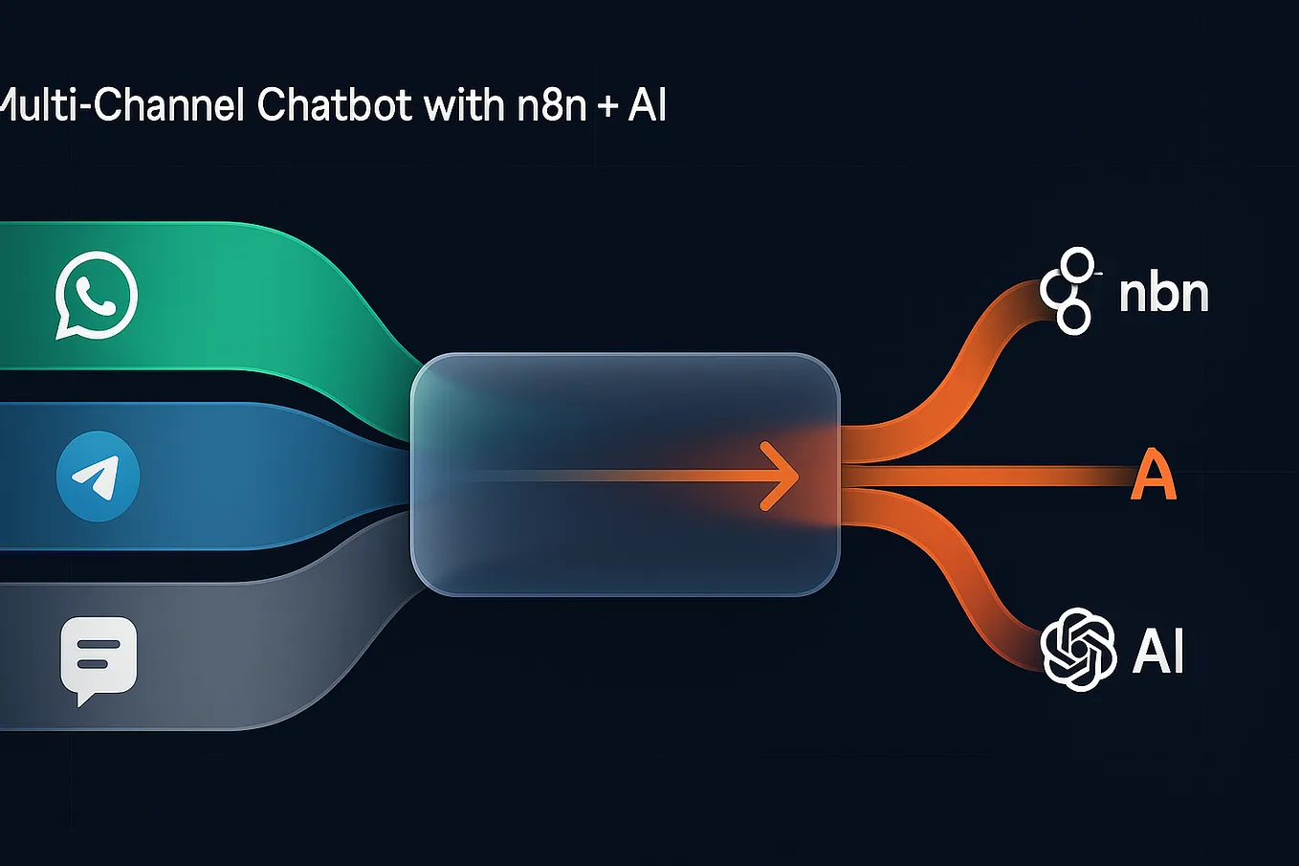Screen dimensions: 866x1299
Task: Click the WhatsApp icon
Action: click(96, 296)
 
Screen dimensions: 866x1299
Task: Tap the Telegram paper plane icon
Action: click(98, 476)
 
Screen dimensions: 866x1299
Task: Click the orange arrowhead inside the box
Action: click(782, 476)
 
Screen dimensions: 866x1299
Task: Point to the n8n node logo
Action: click(1068, 291)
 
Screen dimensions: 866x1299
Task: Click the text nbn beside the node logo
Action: click(1163, 294)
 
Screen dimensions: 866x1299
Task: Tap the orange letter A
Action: click(1153, 476)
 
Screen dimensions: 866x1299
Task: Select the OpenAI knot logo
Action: click(1078, 650)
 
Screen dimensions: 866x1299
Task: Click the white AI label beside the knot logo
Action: click(1158, 652)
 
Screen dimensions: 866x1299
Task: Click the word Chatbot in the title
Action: click(336, 104)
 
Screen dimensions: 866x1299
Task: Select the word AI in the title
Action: click(647, 104)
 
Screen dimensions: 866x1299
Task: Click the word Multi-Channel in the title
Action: click(122, 104)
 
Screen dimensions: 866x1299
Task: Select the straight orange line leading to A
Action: click(985, 476)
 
